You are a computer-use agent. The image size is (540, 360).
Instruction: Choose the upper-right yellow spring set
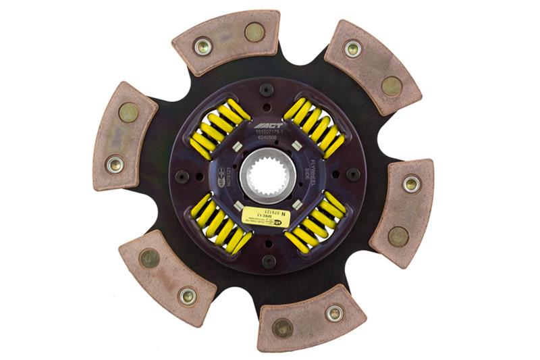click(315, 128)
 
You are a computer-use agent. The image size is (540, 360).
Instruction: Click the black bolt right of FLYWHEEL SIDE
click(353, 174)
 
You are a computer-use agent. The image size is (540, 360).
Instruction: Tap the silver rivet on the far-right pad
click(410, 183)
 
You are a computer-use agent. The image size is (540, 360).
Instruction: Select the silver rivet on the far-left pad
click(115, 163)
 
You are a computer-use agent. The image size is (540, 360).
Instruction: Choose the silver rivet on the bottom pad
click(333, 313)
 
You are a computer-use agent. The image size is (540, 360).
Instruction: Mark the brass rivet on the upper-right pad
click(391, 86)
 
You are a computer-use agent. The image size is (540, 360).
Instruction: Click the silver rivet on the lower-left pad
click(187, 295)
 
